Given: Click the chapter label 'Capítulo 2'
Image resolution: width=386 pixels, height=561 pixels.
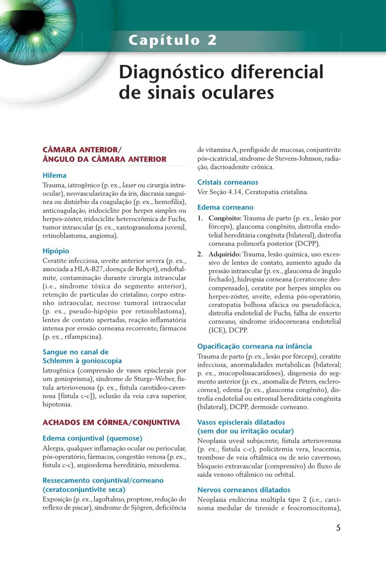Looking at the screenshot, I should tap(173, 40).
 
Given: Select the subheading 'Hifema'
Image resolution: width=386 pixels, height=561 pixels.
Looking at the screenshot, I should tap(54, 176).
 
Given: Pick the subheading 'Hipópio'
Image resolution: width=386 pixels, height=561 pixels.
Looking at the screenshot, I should tap(56, 251).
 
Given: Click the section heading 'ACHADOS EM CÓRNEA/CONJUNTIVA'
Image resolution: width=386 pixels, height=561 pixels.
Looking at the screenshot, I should tap(111, 423).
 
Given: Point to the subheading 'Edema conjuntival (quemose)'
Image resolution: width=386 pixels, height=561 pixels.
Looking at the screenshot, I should tap(92, 439).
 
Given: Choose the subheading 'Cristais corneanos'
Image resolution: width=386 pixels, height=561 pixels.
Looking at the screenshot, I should tap(227, 182).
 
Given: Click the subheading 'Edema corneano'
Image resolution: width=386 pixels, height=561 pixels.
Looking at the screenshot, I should tap(225, 207).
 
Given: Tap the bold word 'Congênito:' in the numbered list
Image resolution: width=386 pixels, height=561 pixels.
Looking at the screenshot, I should tap(225, 218).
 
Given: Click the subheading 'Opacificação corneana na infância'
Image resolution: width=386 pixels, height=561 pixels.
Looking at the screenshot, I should tap(255, 346).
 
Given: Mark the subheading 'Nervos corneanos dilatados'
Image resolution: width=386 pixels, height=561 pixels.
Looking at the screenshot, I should tap(244, 490).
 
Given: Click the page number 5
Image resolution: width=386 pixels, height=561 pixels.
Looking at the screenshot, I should tap(338, 528).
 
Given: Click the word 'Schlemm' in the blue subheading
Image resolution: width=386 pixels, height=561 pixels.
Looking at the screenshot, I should tap(57, 361).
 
